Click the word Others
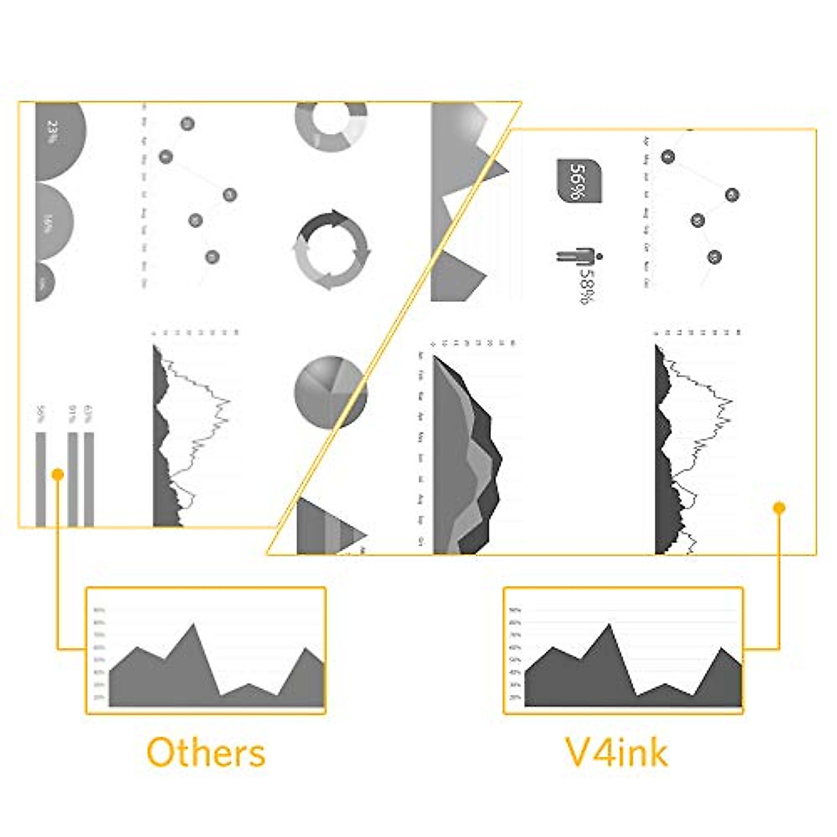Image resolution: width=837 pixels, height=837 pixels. [x=206, y=753]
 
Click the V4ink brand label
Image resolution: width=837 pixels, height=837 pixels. [x=617, y=753]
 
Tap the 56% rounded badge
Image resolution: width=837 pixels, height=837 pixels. [x=579, y=181]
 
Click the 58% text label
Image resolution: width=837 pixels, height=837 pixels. [x=587, y=286]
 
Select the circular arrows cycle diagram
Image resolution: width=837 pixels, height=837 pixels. [x=331, y=250]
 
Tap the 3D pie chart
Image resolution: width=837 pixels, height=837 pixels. [x=330, y=392]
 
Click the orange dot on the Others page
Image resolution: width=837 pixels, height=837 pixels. [x=58, y=474]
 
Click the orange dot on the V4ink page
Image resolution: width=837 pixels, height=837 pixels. [x=780, y=508]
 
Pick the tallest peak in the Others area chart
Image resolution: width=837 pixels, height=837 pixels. [x=193, y=626]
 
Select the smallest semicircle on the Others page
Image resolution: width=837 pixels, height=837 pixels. [x=43, y=282]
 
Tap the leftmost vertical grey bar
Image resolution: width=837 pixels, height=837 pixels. [x=40, y=479]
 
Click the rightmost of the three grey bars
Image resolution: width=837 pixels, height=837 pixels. [x=89, y=479]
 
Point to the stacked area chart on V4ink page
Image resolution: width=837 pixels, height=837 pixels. [x=464, y=460]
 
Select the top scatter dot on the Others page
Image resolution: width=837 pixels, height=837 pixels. [x=187, y=124]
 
